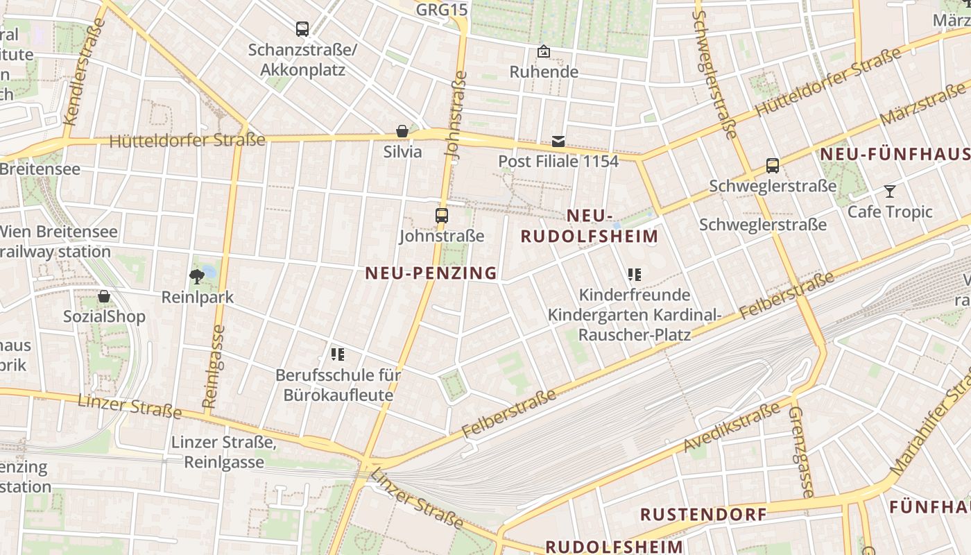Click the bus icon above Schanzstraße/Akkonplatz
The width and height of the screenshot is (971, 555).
(x=302, y=29)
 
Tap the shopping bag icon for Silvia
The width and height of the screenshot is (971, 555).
(x=402, y=130)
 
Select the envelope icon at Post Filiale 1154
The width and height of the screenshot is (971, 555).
(x=558, y=142)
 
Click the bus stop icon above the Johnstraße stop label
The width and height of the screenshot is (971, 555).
(x=442, y=215)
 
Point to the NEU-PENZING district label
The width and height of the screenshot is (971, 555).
(x=431, y=273)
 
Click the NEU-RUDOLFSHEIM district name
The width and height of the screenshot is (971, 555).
(x=590, y=226)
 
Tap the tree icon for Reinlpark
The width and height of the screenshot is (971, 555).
(x=197, y=277)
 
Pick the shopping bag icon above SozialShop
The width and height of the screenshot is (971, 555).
(x=104, y=296)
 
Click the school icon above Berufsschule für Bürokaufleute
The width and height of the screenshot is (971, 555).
(x=338, y=355)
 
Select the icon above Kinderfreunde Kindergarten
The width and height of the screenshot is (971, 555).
(x=634, y=275)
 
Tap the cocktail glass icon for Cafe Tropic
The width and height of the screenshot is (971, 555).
(x=890, y=191)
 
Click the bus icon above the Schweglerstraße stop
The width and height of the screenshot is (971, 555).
(x=773, y=166)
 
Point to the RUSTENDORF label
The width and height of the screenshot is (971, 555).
(x=703, y=515)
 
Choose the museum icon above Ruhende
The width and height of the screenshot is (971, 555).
(x=544, y=51)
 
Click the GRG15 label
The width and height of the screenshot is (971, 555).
(x=442, y=10)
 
